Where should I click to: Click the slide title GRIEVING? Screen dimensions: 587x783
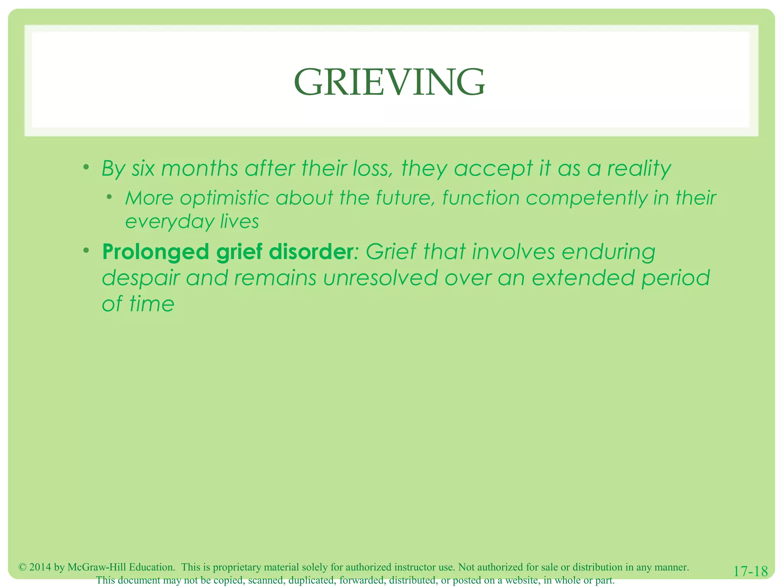point(389,82)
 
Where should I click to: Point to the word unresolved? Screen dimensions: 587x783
point(380,277)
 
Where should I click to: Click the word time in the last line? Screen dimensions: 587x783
point(152,304)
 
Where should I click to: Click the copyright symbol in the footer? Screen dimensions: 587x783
point(23,567)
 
